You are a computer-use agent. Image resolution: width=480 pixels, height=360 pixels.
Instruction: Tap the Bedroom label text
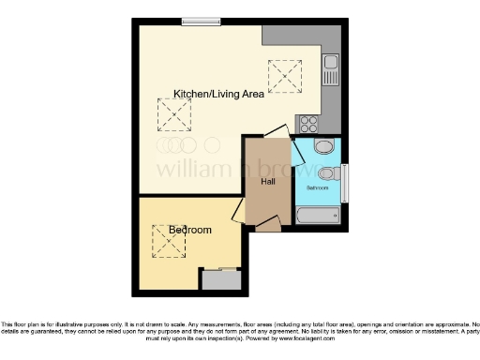(x=189, y=230)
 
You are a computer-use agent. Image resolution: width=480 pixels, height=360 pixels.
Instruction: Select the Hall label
(x=266, y=181)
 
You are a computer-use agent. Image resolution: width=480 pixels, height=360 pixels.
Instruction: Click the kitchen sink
(x=330, y=67)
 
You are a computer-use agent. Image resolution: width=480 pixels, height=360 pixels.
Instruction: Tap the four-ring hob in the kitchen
(x=308, y=123)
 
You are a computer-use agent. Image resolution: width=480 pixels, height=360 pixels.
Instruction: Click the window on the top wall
(x=195, y=22)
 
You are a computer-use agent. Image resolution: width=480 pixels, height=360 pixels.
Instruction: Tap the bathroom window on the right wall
(x=344, y=181)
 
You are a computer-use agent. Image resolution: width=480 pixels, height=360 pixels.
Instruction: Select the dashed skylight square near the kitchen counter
(x=285, y=75)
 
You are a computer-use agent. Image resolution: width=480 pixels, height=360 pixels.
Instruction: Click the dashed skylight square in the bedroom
(x=170, y=241)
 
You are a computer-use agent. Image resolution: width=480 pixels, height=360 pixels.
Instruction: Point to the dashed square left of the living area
(x=173, y=116)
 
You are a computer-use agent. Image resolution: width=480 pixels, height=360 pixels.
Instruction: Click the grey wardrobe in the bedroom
(x=222, y=278)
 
